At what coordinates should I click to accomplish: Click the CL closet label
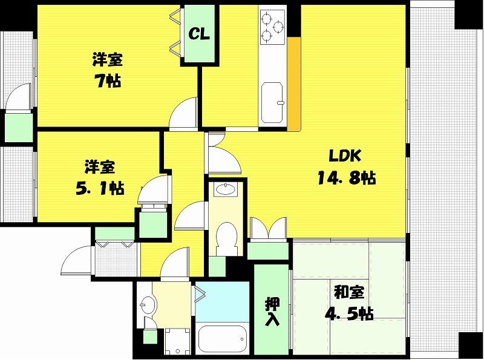pos(199,34)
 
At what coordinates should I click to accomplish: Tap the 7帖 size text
pos(108,81)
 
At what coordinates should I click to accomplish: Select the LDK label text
pos(345,155)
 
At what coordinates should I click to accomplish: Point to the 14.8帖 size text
pos(347,178)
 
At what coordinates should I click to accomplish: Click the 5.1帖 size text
pos(100,188)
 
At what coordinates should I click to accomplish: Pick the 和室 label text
pos(350,292)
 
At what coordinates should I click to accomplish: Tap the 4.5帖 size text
pos(349,314)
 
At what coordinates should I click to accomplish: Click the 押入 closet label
pos(272,312)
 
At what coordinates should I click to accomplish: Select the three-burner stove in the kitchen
pos(273,27)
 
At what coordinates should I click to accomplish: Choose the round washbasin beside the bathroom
pos(149,304)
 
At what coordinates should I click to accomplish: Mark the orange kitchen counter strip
pos(294,84)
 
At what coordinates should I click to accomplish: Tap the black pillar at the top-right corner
pos(469,15)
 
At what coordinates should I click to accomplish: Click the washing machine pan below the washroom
pos(178,341)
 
